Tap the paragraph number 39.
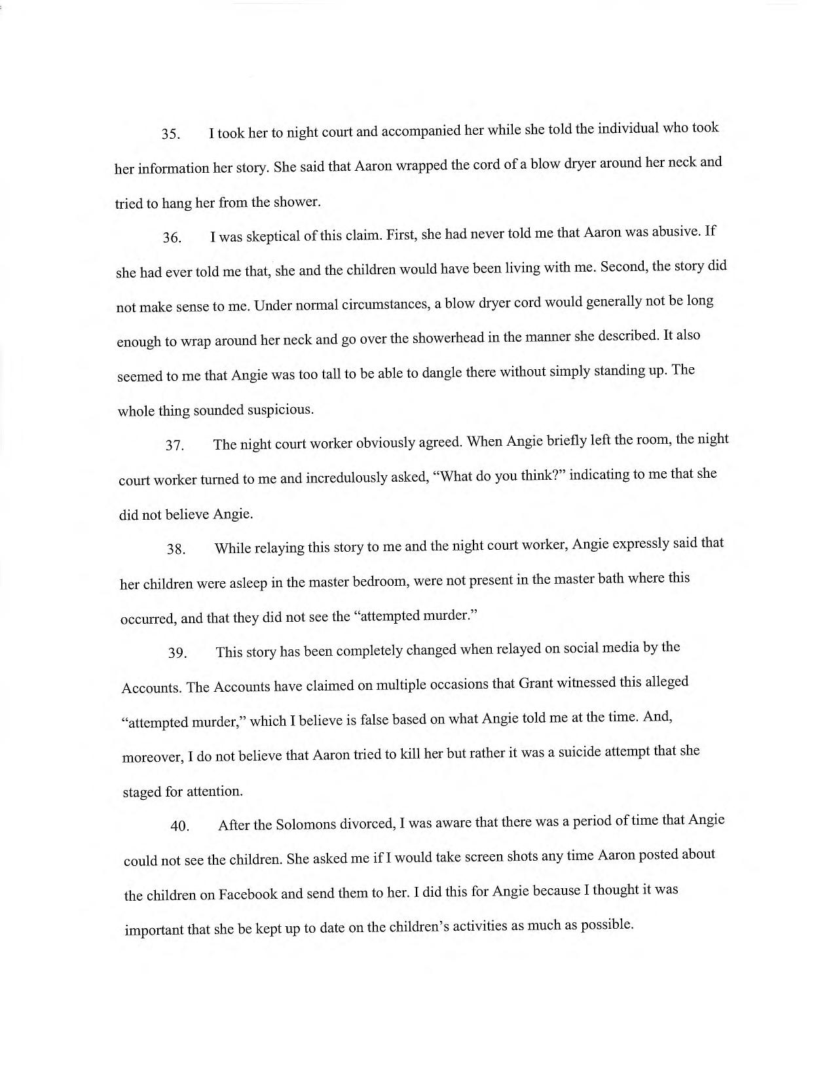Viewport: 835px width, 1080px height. click(177, 653)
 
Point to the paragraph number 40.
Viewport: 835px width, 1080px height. click(179, 826)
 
